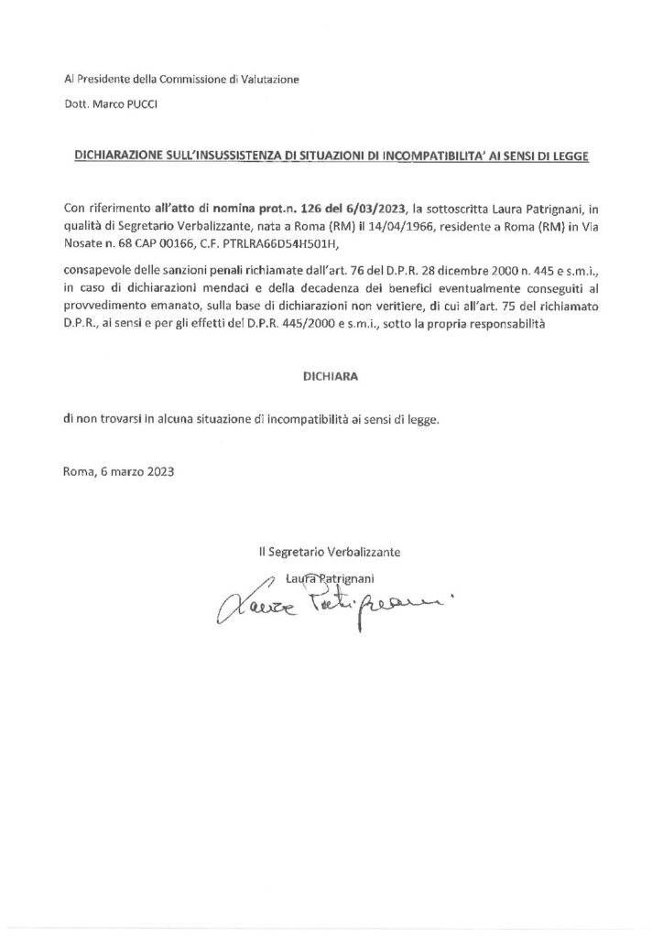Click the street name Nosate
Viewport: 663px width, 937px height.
pyautogui.click(x=85, y=242)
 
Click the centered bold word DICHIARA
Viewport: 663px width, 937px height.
pyautogui.click(x=331, y=375)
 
